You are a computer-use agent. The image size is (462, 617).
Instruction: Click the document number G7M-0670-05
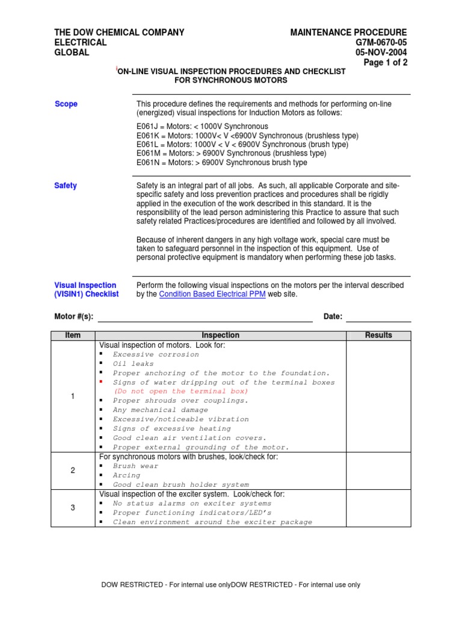point(378,42)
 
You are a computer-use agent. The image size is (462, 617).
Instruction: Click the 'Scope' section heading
point(66,104)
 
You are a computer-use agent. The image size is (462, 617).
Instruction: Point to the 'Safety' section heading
point(66,186)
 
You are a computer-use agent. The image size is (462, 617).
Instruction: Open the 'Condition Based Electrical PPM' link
point(212,295)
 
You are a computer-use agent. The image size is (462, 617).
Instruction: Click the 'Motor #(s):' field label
point(74,317)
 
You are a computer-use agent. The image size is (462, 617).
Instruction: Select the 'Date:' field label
point(333,317)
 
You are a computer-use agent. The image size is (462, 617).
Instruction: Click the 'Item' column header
point(73,336)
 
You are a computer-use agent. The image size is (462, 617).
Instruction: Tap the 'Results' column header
point(378,336)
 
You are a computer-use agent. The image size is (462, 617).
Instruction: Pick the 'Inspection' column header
point(220,336)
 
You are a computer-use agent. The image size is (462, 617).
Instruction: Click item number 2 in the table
point(73,471)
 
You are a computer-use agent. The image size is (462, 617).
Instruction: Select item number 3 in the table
point(73,508)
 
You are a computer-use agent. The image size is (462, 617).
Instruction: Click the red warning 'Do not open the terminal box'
point(180,392)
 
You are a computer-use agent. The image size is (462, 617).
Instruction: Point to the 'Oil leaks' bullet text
point(134,364)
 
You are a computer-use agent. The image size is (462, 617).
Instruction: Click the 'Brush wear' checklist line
point(136,466)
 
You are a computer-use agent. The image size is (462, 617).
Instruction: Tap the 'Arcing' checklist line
point(126,475)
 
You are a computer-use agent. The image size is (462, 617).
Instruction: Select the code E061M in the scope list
point(147,154)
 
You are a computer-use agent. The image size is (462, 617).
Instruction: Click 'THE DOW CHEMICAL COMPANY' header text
point(119,33)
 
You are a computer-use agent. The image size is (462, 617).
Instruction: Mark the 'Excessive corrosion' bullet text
point(156,355)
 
